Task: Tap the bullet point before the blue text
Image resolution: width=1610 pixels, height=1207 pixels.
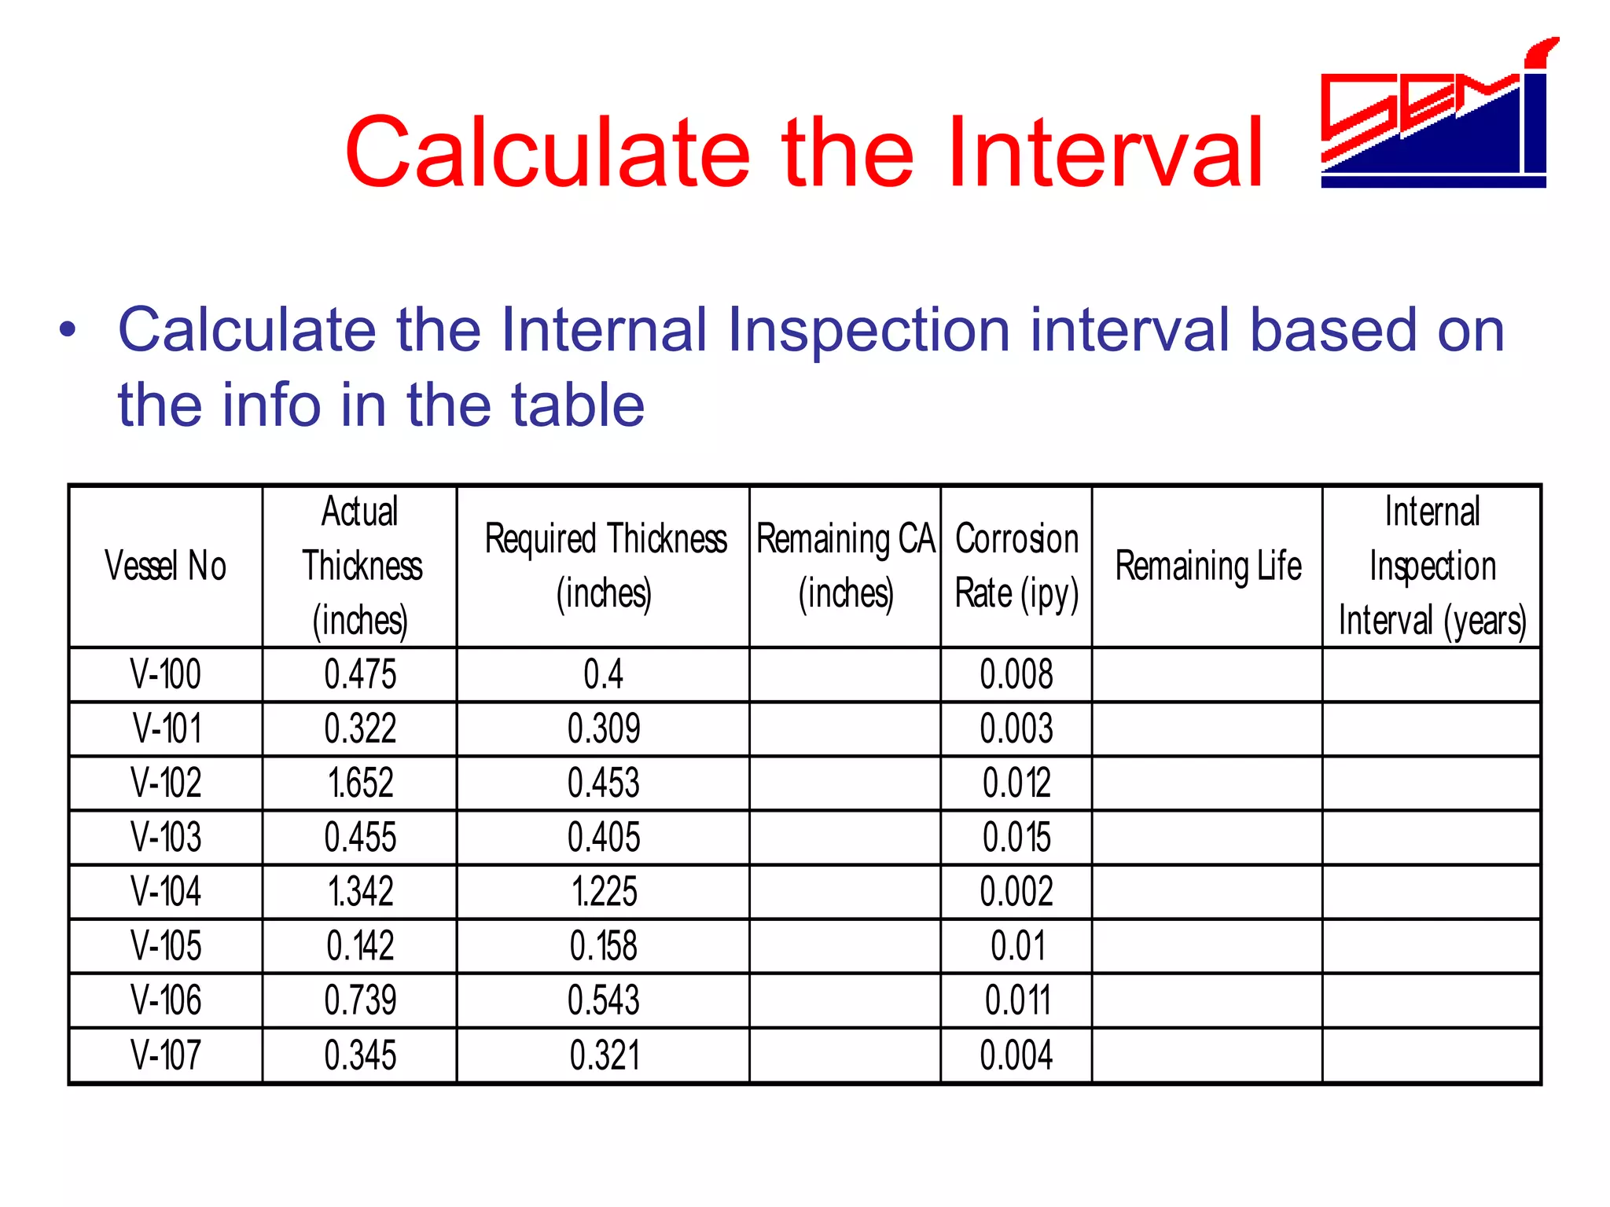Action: pyautogui.click(x=68, y=330)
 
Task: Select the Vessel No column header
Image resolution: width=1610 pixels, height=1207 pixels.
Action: pyautogui.click(x=165, y=567)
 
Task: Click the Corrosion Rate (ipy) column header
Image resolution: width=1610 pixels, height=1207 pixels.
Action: pyautogui.click(x=1016, y=567)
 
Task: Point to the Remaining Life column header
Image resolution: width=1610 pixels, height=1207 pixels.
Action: pyautogui.click(x=1207, y=567)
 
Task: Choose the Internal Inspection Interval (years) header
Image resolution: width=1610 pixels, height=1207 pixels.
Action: pyautogui.click(x=1432, y=567)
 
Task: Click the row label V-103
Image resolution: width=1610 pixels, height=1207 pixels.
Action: pyautogui.click(x=166, y=838)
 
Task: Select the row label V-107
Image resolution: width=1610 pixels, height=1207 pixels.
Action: pyautogui.click(x=166, y=1055)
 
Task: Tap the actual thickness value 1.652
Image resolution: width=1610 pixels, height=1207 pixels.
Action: pyautogui.click(x=360, y=783)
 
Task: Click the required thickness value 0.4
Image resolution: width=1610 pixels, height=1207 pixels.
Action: pyautogui.click(x=603, y=675)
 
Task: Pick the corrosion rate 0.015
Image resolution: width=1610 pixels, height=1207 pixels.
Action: pyautogui.click(x=1016, y=838)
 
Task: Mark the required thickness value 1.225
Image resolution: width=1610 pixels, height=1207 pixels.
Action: pyautogui.click(x=603, y=892)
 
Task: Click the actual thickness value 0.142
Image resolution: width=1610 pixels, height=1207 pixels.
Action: pyautogui.click(x=360, y=946)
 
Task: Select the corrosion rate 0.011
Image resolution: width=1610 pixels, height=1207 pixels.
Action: pyautogui.click(x=1016, y=1000)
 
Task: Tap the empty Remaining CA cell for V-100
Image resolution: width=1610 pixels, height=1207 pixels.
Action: pyautogui.click(x=845, y=675)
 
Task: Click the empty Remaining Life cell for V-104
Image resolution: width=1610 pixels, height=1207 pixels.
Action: pyautogui.click(x=1207, y=892)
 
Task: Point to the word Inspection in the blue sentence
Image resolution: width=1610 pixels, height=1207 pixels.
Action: pyautogui.click(x=868, y=330)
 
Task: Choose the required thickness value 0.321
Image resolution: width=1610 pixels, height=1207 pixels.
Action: pyautogui.click(x=603, y=1055)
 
